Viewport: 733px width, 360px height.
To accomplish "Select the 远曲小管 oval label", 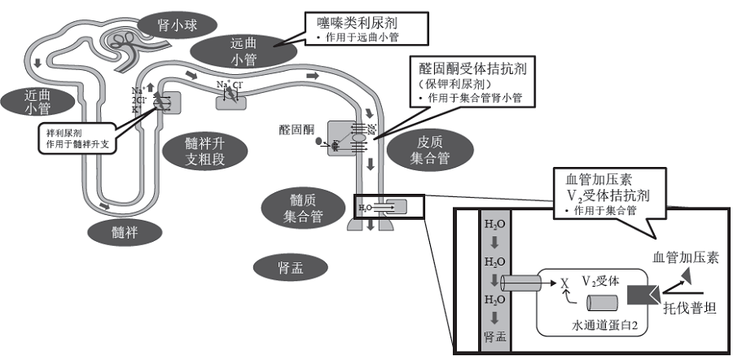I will coord(242,50).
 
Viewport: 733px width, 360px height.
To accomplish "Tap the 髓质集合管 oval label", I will coord(303,208).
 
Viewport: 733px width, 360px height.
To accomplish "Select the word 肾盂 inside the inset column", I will coord(494,334).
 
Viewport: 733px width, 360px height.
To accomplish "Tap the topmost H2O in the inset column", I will coord(494,224).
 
